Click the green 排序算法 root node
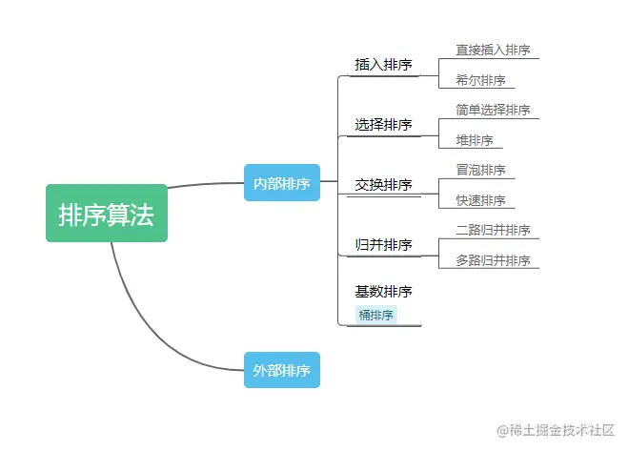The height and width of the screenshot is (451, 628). [107, 214]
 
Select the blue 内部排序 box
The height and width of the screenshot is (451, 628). [281, 183]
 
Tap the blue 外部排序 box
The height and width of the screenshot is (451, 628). [281, 370]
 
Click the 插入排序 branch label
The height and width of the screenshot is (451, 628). [383, 65]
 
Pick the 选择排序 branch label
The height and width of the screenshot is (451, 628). [383, 125]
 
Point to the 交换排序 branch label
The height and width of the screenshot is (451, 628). [383, 185]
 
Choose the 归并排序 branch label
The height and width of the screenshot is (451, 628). [383, 245]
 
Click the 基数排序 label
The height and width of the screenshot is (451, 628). [383, 292]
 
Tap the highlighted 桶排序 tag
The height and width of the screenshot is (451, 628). [376, 315]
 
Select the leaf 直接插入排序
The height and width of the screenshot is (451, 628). [493, 50]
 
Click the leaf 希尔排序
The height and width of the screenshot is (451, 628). [480, 80]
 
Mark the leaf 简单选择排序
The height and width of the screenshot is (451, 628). [493, 110]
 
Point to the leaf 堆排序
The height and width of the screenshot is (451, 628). [475, 140]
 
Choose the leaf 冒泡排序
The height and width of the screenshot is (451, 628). [480, 170]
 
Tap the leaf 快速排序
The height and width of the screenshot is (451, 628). [480, 200]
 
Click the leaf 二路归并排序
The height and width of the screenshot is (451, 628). [493, 230]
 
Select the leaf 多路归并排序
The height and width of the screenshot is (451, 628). [493, 260]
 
